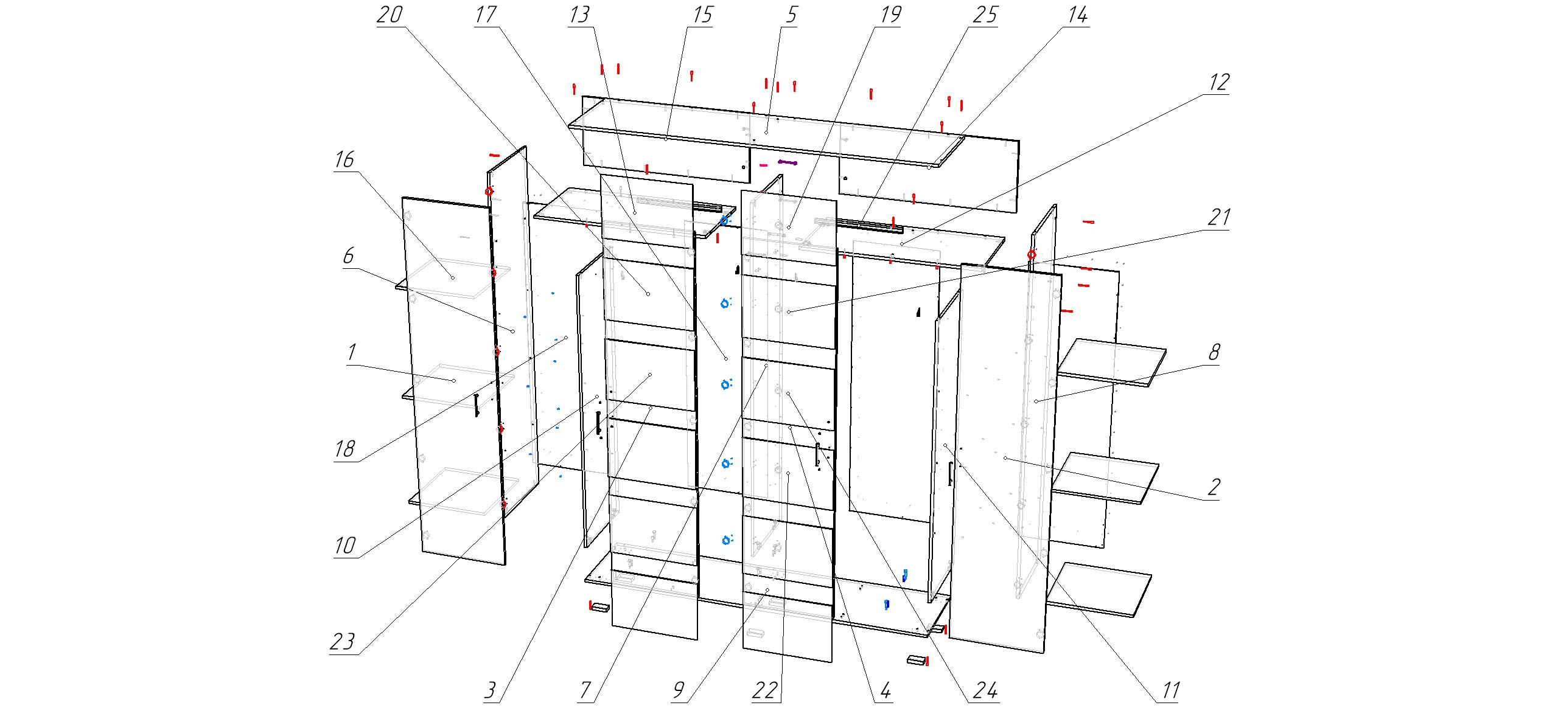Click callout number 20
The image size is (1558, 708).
pyautogui.click(x=389, y=15)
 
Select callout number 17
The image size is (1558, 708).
pyautogui.click(x=486, y=15)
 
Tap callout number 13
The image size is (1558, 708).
pyautogui.click(x=579, y=15)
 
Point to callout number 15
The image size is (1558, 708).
pyautogui.click(x=702, y=15)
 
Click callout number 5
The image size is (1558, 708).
pyautogui.click(x=791, y=15)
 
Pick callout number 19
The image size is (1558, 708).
pyautogui.click(x=890, y=15)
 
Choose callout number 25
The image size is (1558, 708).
pyautogui.click(x=985, y=15)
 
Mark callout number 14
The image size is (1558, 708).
pyautogui.click(x=1077, y=15)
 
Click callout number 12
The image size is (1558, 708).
pyautogui.click(x=1218, y=82)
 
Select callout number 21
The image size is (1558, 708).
pyautogui.click(x=1218, y=217)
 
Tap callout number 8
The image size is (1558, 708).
pyautogui.click(x=1214, y=352)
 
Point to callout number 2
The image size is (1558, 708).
pyautogui.click(x=1214, y=487)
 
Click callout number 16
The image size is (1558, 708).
pyautogui.click(x=344, y=159)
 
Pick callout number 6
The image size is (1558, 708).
pyautogui.click(x=348, y=255)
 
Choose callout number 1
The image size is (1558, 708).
pyautogui.click(x=351, y=352)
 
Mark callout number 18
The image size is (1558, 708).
pyautogui.click(x=344, y=449)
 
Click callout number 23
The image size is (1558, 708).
pyautogui.click(x=342, y=641)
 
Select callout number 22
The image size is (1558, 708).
pyautogui.click(x=764, y=690)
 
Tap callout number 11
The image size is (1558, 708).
pyautogui.click(x=1171, y=690)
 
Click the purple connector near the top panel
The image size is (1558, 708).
pyautogui.click(x=788, y=162)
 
